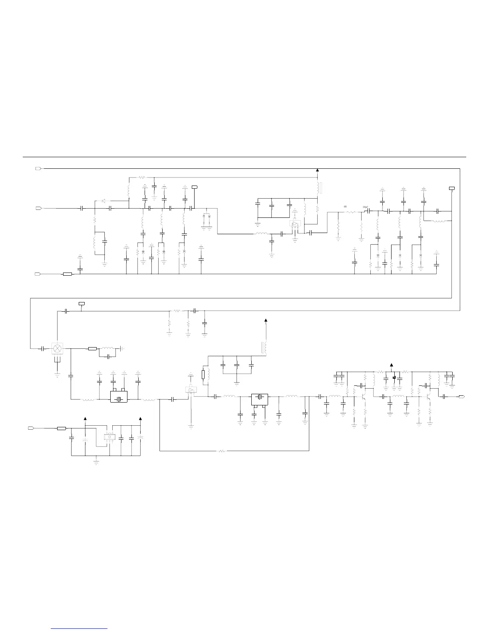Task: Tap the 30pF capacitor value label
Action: (x=365, y=207)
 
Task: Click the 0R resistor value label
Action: (x=346, y=207)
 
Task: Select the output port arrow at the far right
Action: (x=461, y=397)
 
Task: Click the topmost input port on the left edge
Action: (x=38, y=168)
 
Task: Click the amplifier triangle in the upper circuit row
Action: (x=295, y=225)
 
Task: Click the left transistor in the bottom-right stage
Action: (x=364, y=397)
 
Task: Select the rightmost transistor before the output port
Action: (x=429, y=397)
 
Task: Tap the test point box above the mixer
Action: (x=81, y=304)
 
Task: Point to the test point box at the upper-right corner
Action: (x=452, y=188)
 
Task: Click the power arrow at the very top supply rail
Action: (x=318, y=170)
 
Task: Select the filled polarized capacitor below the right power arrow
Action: (x=394, y=377)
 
